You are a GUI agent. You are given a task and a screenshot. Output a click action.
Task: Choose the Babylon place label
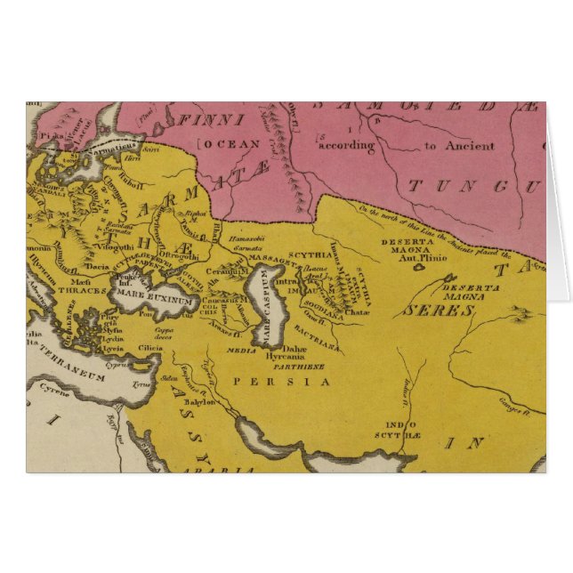(x=201, y=402)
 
